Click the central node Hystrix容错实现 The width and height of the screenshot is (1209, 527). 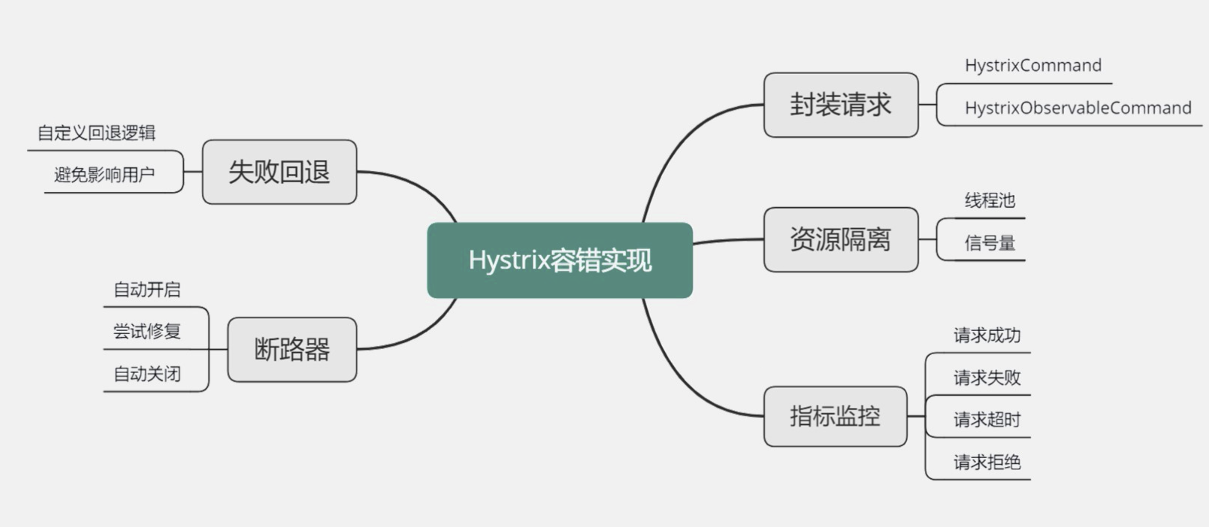[x=560, y=260]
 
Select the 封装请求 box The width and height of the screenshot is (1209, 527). [x=841, y=105]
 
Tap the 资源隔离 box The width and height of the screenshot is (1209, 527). [x=841, y=240]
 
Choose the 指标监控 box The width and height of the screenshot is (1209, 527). [x=835, y=416]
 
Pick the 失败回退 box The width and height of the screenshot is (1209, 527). [x=279, y=172]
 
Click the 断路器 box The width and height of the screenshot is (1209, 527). [x=292, y=349]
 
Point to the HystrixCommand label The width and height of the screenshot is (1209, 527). [x=1033, y=66]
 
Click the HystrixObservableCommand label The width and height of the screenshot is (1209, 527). [x=1078, y=108]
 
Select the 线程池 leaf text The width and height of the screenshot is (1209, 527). [x=989, y=200]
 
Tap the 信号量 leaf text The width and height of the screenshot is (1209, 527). [x=989, y=243]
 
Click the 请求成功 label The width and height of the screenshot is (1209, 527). [x=987, y=335]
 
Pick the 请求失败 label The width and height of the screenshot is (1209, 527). [x=987, y=378]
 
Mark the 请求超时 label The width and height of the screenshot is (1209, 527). [x=987, y=420]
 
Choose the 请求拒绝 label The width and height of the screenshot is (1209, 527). [x=987, y=462]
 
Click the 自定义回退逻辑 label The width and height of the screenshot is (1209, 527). [x=97, y=133]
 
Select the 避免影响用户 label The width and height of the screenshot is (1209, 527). [x=104, y=175]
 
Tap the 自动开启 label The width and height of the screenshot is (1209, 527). [x=147, y=289]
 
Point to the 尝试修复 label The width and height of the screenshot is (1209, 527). [x=147, y=331]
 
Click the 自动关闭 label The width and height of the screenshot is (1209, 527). [x=147, y=374]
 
